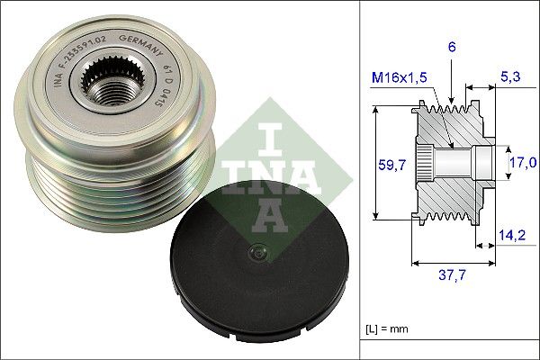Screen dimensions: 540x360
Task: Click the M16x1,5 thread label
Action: click(x=399, y=77)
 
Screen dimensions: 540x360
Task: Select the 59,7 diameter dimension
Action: click(x=391, y=165)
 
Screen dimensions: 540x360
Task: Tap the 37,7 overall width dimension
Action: click(x=452, y=274)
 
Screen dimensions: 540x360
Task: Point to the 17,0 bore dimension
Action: click(x=523, y=162)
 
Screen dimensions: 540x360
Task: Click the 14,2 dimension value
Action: click(x=512, y=235)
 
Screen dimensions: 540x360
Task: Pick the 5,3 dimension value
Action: click(x=510, y=76)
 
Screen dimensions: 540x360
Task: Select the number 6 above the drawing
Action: click(x=452, y=47)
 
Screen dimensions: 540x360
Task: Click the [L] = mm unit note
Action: click(x=387, y=328)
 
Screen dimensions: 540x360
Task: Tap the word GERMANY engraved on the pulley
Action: click(x=140, y=44)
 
